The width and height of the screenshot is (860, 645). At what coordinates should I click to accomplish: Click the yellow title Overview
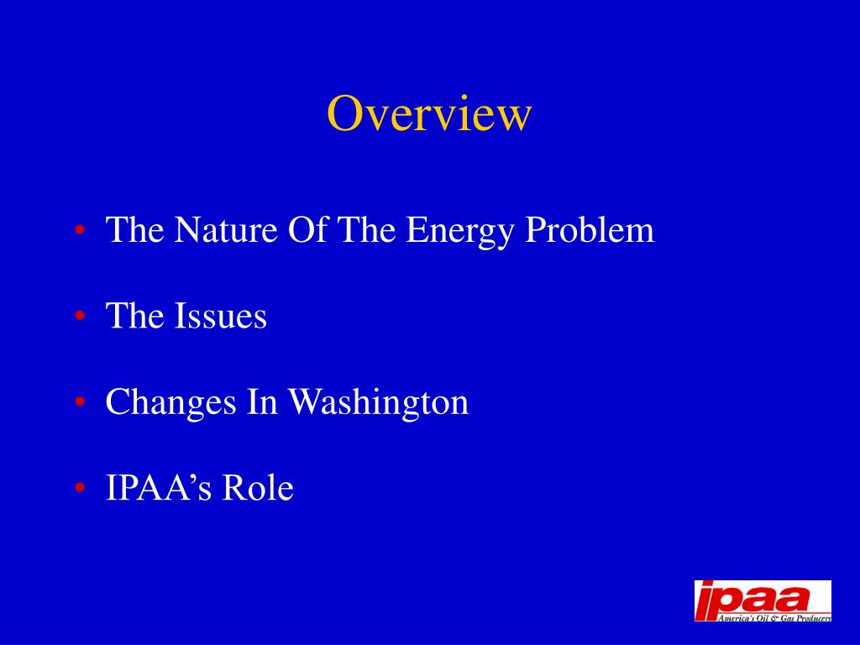(429, 113)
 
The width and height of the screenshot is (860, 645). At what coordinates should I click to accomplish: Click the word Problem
(589, 230)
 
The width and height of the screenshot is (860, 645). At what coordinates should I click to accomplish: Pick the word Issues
(221, 317)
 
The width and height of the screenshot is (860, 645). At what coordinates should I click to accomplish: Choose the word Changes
(170, 403)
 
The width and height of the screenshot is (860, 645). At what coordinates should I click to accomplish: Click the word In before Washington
(262, 402)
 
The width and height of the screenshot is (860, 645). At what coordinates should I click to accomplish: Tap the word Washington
(378, 403)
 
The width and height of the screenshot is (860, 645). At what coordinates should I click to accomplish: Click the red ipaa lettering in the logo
(752, 598)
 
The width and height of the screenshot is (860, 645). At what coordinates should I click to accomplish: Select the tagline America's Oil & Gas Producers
(773, 617)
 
